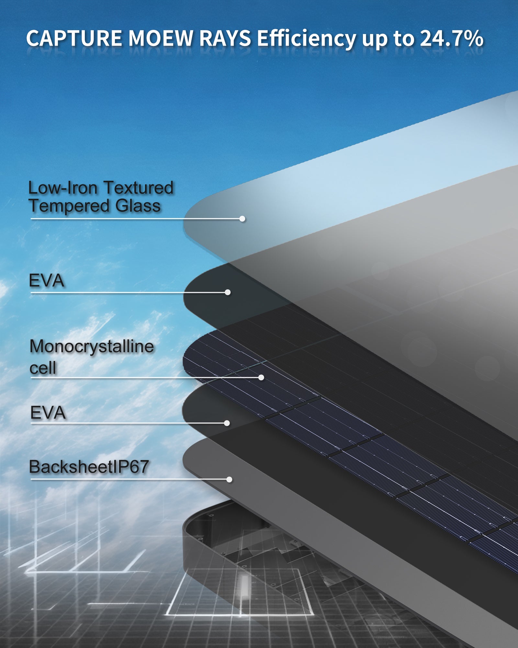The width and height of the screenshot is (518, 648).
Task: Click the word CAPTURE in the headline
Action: [x=74, y=38]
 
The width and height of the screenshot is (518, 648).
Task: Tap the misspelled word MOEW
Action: [x=161, y=38]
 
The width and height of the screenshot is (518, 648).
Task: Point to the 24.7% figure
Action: [x=452, y=38]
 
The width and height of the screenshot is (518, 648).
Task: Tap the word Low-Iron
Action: [x=63, y=188]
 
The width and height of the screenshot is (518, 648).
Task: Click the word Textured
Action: [x=139, y=188]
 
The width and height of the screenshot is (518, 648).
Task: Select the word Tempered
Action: [x=69, y=206]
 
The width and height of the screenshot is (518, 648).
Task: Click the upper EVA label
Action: [x=46, y=281]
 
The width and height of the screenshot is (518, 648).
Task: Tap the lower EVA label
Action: [x=48, y=413]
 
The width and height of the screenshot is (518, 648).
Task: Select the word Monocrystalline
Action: [x=92, y=347]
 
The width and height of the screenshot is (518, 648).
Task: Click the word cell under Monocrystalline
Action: [x=43, y=368]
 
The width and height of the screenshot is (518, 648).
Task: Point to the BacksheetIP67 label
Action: [x=89, y=467]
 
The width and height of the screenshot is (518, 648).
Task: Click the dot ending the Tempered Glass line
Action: [x=242, y=219]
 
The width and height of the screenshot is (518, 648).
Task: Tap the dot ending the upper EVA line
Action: [x=228, y=292]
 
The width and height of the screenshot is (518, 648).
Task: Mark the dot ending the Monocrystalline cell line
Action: [x=261, y=377]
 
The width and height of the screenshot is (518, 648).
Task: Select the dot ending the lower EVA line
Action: [x=227, y=423]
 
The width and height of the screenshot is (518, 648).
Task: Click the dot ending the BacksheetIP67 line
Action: [x=229, y=479]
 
